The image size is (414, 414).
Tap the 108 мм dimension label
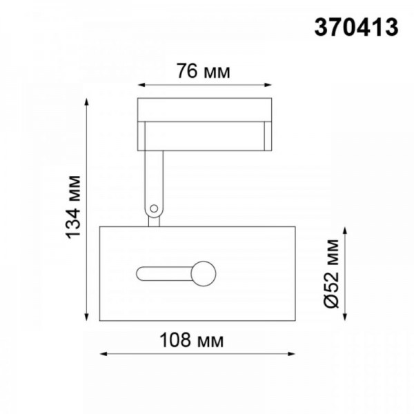(201, 341)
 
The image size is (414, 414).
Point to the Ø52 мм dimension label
(331, 273)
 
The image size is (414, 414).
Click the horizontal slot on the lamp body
(164, 273)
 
